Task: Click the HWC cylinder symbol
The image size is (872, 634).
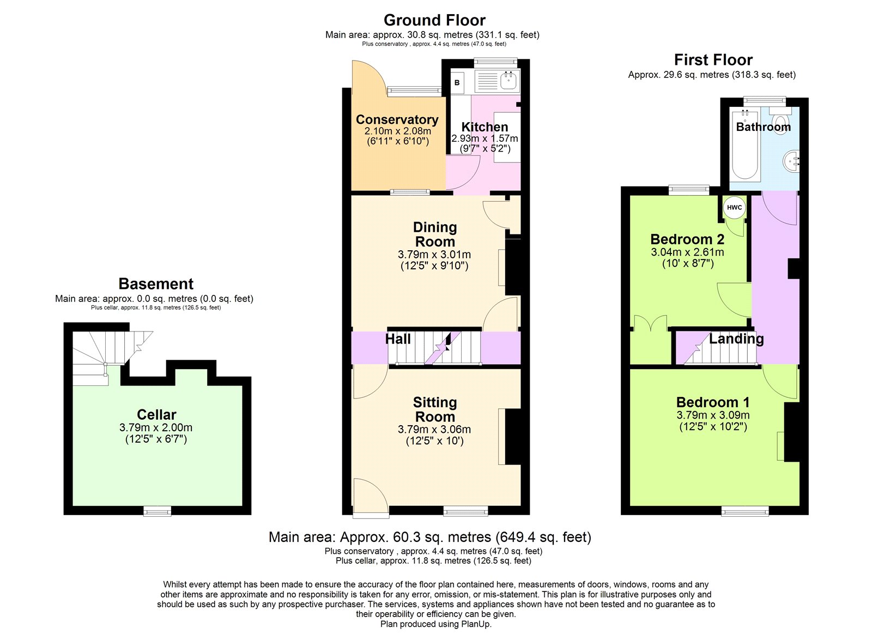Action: pyautogui.click(x=734, y=208)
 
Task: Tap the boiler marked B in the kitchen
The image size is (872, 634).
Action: pyautogui.click(x=457, y=82)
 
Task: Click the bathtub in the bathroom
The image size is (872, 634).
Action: pyautogui.click(x=745, y=147)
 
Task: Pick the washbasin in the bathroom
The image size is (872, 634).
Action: pyautogui.click(x=791, y=160)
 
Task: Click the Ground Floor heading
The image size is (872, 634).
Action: pyautogui.click(x=434, y=20)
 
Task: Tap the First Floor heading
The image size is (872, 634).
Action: pyautogui.click(x=713, y=60)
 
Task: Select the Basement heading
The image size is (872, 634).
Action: pyautogui.click(x=156, y=284)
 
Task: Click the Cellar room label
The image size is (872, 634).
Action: pyautogui.click(x=156, y=414)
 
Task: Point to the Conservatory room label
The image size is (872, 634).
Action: pyautogui.click(x=397, y=119)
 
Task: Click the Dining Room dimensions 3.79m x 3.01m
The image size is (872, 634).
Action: pyautogui.click(x=434, y=255)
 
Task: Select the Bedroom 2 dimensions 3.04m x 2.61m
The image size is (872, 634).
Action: pyautogui.click(x=687, y=252)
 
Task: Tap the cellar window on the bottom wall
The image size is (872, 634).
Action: pyautogui.click(x=158, y=511)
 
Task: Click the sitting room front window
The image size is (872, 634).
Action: pyautogui.click(x=465, y=511)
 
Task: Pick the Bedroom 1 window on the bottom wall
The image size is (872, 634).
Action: pyautogui.click(x=745, y=511)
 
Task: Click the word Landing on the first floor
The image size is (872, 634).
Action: pyautogui.click(x=736, y=339)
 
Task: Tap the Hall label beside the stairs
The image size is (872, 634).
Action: pyautogui.click(x=398, y=339)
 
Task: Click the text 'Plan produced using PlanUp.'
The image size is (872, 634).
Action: pyautogui.click(x=436, y=624)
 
